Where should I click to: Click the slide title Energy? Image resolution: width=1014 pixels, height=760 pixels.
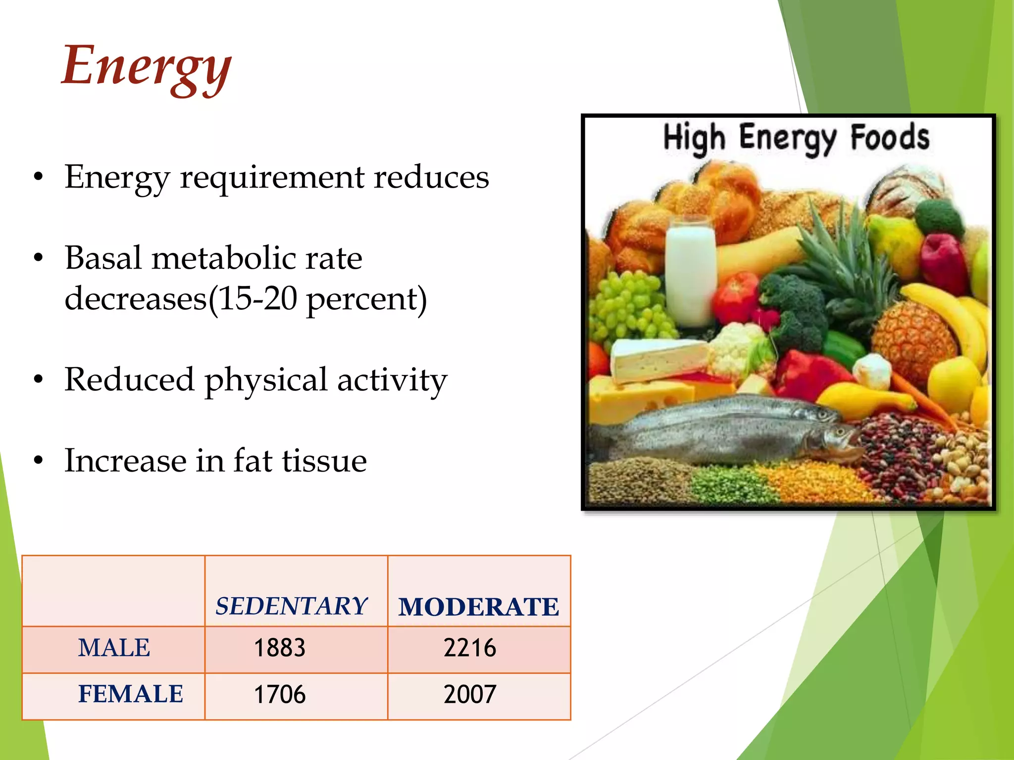click(146, 67)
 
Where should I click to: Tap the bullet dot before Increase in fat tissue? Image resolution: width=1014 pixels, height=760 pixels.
click(39, 461)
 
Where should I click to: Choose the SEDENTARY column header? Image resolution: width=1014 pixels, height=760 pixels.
click(291, 606)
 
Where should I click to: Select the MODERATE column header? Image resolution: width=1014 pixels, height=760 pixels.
click(479, 607)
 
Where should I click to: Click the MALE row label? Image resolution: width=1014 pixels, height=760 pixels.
click(114, 648)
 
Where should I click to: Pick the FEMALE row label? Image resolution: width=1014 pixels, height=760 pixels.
click(131, 694)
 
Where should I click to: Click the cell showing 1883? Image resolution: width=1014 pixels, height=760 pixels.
click(280, 648)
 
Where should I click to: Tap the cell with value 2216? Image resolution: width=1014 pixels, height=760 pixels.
click(469, 648)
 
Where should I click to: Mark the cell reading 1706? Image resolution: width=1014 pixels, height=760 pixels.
click(280, 694)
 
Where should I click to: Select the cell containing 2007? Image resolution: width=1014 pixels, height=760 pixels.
click(469, 694)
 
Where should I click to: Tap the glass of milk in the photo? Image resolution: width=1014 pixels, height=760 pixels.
click(690, 272)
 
